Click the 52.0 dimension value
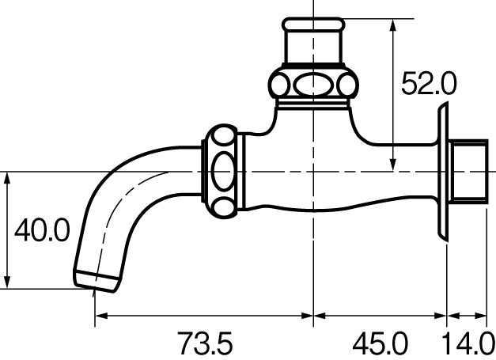point(429,83)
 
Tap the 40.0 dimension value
point(42,230)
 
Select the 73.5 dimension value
point(205,343)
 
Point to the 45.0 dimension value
point(380,343)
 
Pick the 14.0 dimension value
point(468,343)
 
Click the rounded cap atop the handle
point(313,24)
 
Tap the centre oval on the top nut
point(313,85)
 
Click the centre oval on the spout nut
point(224,171)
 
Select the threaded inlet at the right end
point(468,172)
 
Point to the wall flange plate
point(443,172)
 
